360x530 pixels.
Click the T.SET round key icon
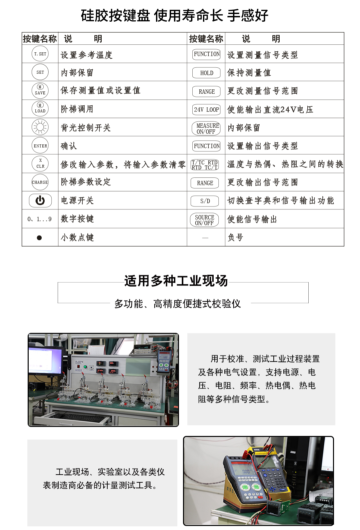point(40,54)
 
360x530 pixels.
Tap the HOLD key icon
point(207,73)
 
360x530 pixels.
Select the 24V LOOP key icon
point(207,109)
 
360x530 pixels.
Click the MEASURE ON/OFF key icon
point(206,128)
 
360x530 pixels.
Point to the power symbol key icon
point(40,200)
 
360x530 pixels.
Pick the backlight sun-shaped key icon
point(40,127)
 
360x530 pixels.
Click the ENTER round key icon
point(40,146)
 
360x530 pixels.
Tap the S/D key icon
point(205,201)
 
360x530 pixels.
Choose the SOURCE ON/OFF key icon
point(205,220)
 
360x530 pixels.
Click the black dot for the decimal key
point(39,237)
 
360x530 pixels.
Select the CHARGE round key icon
point(40,182)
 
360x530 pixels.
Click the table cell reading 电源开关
point(77,200)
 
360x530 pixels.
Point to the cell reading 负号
point(235,237)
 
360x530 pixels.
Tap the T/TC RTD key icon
point(205,165)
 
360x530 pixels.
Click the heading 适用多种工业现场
point(176,281)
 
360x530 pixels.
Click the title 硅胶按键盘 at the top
point(115,15)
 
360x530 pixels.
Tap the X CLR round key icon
point(40,164)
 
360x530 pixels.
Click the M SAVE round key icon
point(40,90)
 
